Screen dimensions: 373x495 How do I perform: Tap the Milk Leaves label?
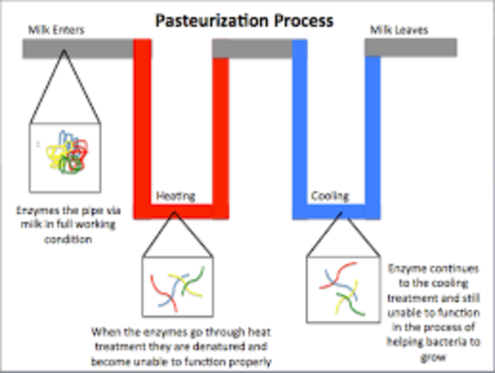[398, 31]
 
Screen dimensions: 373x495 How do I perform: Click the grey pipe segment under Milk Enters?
[78, 48]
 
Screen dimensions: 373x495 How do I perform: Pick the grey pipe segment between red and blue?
[252, 48]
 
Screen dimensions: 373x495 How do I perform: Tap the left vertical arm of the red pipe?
[143, 124]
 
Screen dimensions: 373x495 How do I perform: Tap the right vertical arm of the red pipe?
[221, 124]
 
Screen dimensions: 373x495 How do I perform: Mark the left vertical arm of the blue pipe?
[299, 124]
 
